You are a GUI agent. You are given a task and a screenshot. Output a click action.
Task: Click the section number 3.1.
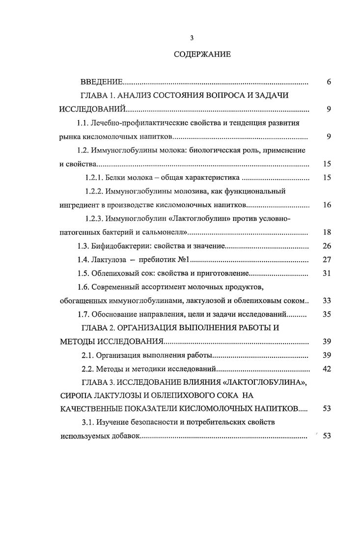pyautogui.click(x=86, y=422)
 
